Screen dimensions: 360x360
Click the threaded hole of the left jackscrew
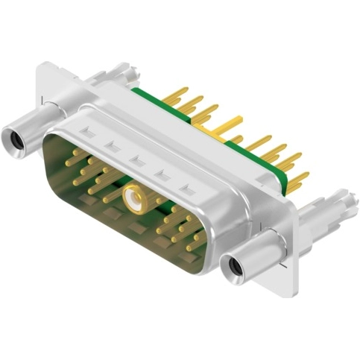tap(13, 138)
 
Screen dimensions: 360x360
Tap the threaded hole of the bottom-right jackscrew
tap(237, 265)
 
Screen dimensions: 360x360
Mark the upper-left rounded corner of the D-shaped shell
tap(56, 134)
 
